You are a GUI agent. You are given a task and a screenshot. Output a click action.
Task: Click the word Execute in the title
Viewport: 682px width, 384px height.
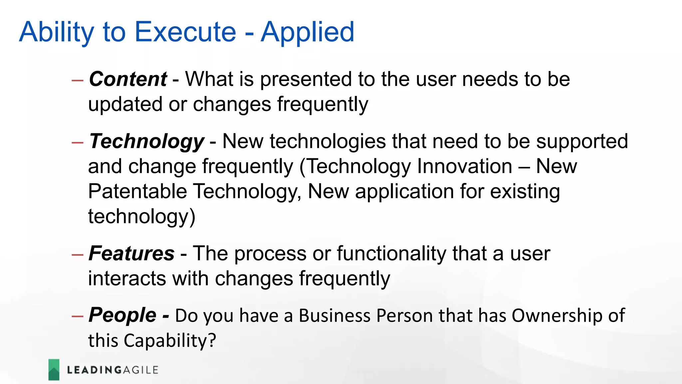pos(185,32)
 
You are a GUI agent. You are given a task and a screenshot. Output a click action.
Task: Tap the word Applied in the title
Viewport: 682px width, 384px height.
pos(307,33)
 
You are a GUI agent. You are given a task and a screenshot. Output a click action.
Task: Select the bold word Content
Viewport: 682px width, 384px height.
pos(128,79)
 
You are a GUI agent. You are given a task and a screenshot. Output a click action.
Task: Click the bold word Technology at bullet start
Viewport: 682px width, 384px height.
pos(147,142)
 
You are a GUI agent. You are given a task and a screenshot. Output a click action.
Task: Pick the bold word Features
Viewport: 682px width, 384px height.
pos(132,253)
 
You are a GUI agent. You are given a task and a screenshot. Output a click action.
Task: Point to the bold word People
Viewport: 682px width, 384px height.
pos(122,315)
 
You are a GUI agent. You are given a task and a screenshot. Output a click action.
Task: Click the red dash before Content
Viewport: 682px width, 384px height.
pos(77,80)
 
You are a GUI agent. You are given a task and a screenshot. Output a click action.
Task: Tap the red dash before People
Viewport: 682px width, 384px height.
pos(77,316)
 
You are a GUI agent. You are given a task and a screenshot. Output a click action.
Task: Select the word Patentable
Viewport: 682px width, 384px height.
pos(137,191)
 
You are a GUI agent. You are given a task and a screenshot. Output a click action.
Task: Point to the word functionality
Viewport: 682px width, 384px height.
pos(391,254)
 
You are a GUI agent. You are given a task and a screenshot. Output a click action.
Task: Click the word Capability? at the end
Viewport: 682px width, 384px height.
pos(170,341)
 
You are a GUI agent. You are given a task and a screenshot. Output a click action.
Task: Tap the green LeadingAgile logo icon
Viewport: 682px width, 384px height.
pos(54,370)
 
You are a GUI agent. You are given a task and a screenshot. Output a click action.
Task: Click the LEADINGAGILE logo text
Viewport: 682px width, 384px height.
pos(113,370)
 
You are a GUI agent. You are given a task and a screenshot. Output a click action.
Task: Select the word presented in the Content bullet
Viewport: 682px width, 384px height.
pos(306,80)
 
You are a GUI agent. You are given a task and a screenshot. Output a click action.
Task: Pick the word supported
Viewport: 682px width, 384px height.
pos(582,142)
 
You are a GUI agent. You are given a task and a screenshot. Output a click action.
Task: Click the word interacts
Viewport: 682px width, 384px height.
pos(127,279)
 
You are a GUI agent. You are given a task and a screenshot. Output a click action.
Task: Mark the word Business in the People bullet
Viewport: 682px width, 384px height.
pos(334,316)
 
